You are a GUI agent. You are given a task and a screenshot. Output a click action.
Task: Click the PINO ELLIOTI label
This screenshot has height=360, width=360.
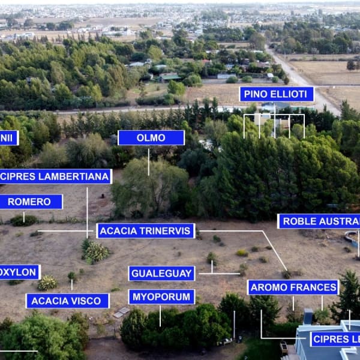point(277,94)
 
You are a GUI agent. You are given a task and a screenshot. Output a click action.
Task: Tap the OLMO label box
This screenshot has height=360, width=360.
point(151,138)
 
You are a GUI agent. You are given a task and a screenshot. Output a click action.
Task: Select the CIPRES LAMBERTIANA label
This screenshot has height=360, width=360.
point(56,176)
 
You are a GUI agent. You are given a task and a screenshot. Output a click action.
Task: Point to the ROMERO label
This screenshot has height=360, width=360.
point(30,202)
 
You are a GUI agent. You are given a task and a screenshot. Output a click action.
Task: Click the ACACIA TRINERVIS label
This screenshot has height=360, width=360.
point(146,231)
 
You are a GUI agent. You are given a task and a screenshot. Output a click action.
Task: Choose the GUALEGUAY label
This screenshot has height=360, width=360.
point(161,274)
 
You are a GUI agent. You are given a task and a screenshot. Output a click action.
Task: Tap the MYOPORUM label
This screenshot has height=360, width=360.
point(161,297)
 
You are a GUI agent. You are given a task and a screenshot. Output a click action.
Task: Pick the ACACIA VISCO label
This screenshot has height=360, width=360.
point(67,301)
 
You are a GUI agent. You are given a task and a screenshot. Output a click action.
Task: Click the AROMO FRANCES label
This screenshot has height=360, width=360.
point(293,287)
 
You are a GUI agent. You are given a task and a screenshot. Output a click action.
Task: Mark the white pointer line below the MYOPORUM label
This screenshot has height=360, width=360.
point(160,316)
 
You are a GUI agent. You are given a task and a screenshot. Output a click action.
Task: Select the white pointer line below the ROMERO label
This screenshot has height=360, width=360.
point(24,216)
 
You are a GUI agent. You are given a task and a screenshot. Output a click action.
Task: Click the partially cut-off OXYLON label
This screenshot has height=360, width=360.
point(19,272)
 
